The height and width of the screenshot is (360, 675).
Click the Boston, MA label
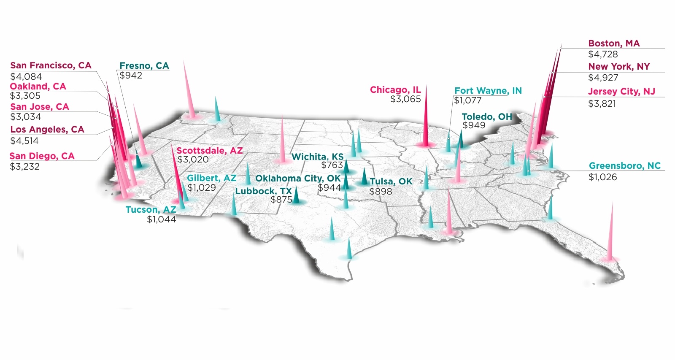coord(614,43)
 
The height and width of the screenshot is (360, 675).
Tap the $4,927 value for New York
coord(603,78)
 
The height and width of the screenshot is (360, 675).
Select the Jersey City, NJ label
coord(621,92)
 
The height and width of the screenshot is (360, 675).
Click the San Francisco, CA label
coord(51,65)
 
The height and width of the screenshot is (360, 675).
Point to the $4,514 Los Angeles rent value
coord(24,141)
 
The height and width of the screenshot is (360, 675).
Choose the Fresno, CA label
coord(144,66)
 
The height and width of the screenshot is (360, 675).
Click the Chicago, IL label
coord(395,90)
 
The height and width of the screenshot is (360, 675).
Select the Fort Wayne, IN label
coord(488,91)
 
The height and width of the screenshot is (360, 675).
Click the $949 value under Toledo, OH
coord(474,125)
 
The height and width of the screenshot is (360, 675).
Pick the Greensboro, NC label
coord(625,166)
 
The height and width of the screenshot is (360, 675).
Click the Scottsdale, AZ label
coord(210,151)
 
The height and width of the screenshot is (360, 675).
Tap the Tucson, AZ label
coord(151,210)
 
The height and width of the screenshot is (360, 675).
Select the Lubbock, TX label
coord(264,191)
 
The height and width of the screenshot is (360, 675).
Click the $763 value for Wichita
coord(332,165)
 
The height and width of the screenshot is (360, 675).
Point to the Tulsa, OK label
coord(391,181)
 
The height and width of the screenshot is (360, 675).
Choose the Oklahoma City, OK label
coord(298,179)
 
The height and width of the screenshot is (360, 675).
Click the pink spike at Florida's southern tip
coord(610,236)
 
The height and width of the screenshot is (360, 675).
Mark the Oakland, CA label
coord(38,87)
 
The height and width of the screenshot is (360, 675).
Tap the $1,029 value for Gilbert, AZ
coord(202,188)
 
